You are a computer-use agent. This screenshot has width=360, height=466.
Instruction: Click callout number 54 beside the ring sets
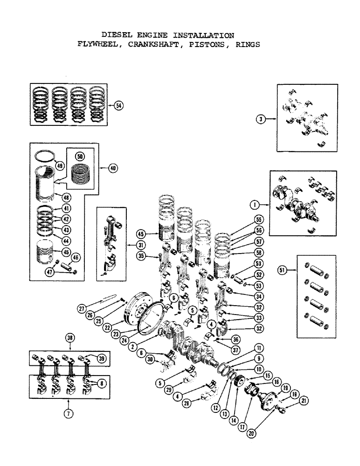(118, 106)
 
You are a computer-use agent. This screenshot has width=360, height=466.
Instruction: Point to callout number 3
(262, 120)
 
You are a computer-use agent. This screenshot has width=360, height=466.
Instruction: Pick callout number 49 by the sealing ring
(60, 165)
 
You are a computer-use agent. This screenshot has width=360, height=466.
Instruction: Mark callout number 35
(139, 255)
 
